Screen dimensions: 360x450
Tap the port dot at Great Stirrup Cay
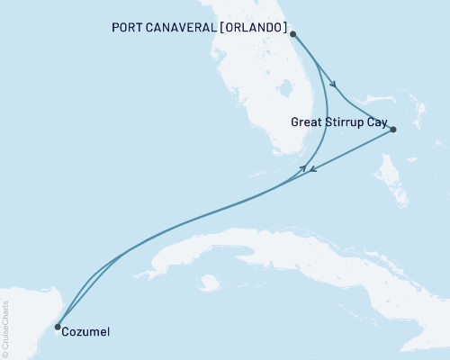394,130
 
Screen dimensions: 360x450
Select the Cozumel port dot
58,327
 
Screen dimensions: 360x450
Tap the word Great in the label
309,119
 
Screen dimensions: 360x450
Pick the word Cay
378,119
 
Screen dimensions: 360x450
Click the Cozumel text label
87,332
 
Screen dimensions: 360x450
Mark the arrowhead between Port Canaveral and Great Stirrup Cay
335,85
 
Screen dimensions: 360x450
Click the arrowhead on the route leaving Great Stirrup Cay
308,170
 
